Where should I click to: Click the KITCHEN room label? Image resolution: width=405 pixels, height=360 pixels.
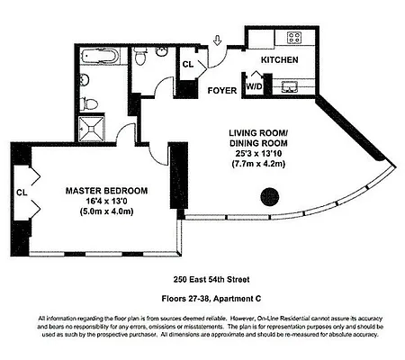point(278,59)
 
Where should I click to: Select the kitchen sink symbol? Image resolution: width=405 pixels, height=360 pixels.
point(290,87)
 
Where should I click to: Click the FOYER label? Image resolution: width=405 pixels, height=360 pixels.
point(221,90)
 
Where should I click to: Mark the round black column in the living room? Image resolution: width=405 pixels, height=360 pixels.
point(267,197)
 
